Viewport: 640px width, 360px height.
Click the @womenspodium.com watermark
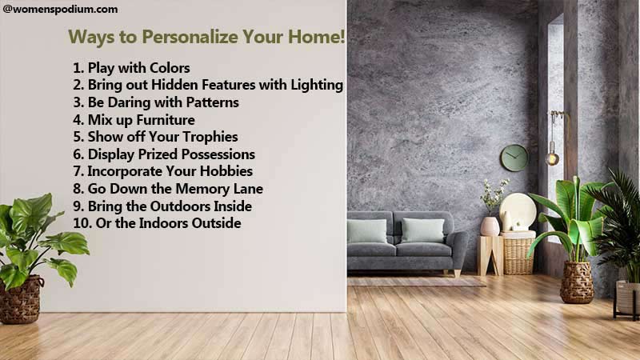point(61,9)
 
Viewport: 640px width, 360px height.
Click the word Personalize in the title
point(190,37)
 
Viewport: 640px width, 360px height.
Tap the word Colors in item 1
point(170,68)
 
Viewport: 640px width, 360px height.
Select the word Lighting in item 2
point(317,86)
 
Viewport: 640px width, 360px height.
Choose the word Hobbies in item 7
point(226,171)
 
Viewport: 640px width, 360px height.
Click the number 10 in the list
point(82,223)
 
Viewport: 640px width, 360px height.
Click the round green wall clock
point(514,158)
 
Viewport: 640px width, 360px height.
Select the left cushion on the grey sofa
point(367,231)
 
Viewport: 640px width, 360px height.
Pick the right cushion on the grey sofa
point(422,230)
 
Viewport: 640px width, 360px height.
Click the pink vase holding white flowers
point(490,226)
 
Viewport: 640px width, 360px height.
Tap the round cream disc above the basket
point(518,211)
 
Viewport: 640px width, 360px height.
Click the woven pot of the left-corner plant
point(22,300)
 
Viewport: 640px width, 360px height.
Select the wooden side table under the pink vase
point(490,255)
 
